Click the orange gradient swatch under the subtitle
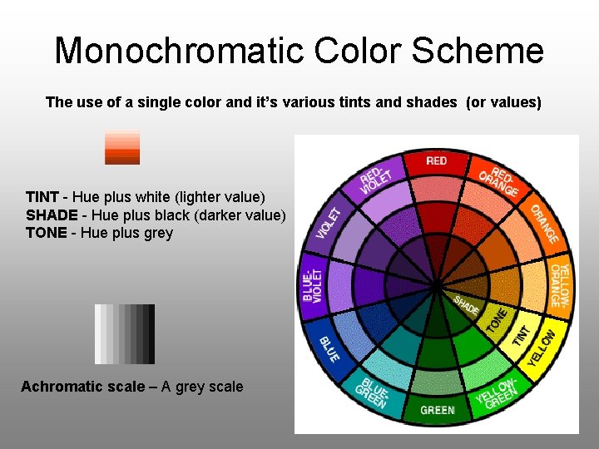pyautogui.click(x=122, y=147)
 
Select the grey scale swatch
pyautogui.click(x=125, y=334)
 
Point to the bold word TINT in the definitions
pyautogui.click(x=42, y=197)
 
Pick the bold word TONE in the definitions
pyautogui.click(x=46, y=233)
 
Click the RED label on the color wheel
pyautogui.click(x=436, y=160)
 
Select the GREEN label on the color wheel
pyautogui.click(x=437, y=410)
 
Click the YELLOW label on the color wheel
pyautogui.click(x=542, y=348)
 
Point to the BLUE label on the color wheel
pyautogui.click(x=329, y=348)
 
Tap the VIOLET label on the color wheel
pyautogui.click(x=329, y=223)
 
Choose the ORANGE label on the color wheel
pyautogui.click(x=545, y=224)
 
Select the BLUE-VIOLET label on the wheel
pyautogui.click(x=313, y=284)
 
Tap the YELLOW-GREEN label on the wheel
pyautogui.click(x=498, y=392)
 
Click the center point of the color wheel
pyautogui.click(x=437, y=285)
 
